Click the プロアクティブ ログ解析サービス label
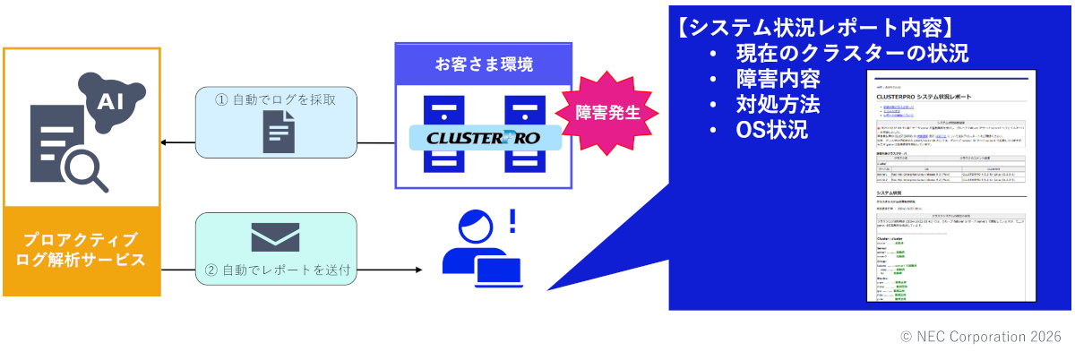tap(82, 250)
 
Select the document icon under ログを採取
tap(277, 133)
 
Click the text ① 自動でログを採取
tap(277, 99)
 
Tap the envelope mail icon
tap(275, 236)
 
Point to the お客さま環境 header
tap(484, 64)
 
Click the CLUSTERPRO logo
tap(485, 138)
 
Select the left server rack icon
tap(445, 134)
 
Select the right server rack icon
tap(524, 134)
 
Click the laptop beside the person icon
tap(498, 273)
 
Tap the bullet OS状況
tap(772, 130)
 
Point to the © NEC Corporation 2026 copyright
tap(980, 337)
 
